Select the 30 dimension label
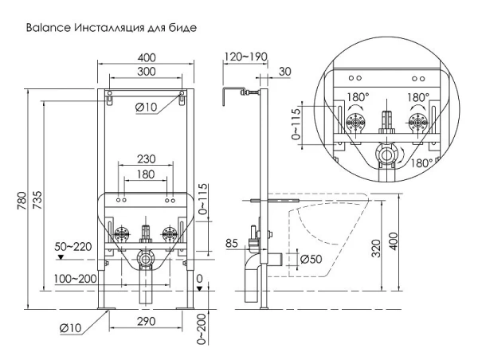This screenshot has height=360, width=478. click(284, 71)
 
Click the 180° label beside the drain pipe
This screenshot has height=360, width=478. click(424, 162)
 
